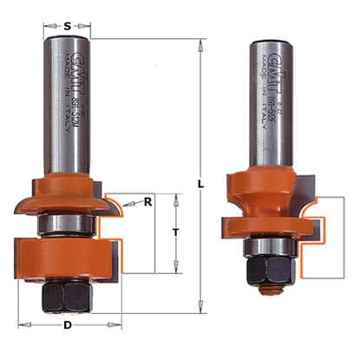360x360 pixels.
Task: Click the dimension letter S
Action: (67, 25)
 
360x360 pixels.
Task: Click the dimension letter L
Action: (200, 185)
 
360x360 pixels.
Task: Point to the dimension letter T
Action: (176, 232)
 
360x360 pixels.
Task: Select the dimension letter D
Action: (67, 325)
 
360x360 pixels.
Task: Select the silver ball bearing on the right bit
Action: (264, 246)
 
